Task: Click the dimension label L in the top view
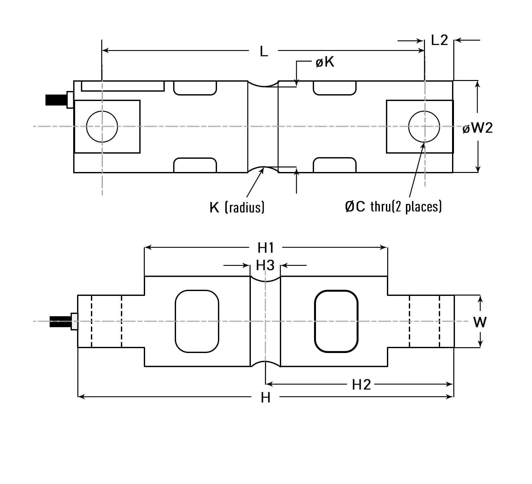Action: tap(264, 51)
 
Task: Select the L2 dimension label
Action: tap(439, 40)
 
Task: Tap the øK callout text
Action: tap(325, 62)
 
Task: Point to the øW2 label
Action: tap(478, 128)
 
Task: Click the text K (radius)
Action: tap(237, 207)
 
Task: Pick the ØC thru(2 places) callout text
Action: tap(393, 206)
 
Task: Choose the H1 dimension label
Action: tap(266, 248)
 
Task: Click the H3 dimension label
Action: tap(265, 265)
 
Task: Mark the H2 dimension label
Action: tap(361, 385)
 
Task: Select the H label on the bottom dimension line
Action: tap(265, 398)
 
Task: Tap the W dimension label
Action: tap(479, 322)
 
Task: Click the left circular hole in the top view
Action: tap(102, 126)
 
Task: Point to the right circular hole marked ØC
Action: tap(424, 126)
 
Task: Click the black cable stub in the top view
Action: tap(55, 100)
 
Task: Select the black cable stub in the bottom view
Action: tap(60, 322)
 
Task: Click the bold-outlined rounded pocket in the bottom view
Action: tap(336, 321)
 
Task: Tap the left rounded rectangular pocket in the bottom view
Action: tap(197, 321)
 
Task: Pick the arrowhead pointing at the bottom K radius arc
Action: tap(262, 171)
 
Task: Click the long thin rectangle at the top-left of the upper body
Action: tap(123, 86)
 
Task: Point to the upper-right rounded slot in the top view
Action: tap(334, 88)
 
